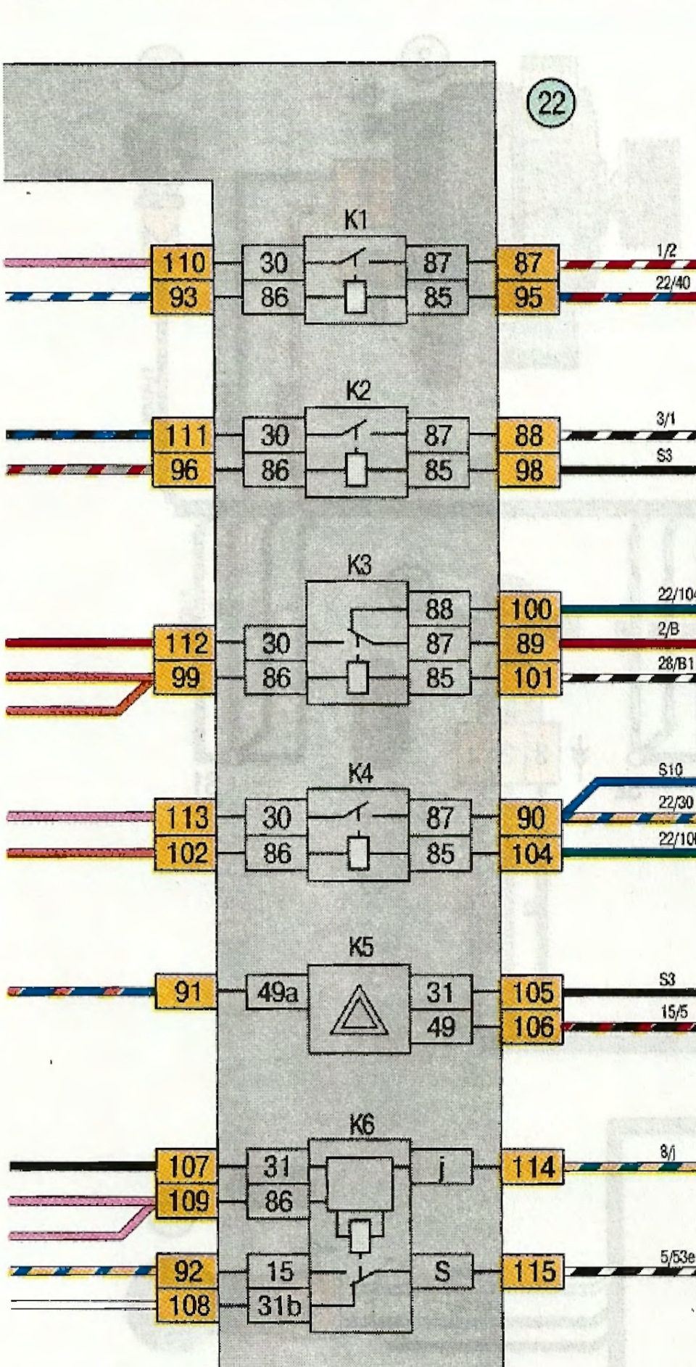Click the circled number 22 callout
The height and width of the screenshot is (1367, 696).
(x=551, y=103)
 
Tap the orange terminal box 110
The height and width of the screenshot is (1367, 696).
(x=182, y=263)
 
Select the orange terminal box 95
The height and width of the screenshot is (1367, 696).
(x=528, y=297)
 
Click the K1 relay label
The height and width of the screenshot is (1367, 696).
(x=355, y=220)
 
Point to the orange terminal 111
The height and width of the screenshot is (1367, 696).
(x=183, y=436)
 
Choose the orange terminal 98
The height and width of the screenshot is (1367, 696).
(x=529, y=471)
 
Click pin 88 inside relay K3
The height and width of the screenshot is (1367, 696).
(x=439, y=609)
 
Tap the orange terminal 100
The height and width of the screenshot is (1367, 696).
(x=530, y=609)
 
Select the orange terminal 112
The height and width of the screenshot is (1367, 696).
(x=185, y=643)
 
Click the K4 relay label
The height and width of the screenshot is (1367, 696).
(x=360, y=775)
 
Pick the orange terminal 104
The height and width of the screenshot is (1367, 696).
(x=531, y=854)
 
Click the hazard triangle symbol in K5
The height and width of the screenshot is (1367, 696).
(x=359, y=1010)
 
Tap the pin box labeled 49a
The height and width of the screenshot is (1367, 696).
(x=276, y=992)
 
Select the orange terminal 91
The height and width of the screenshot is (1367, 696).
(x=186, y=992)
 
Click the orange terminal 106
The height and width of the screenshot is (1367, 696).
(x=533, y=1027)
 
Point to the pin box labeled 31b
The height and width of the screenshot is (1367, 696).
(x=279, y=1306)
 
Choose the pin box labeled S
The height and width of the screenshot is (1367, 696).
(x=442, y=1271)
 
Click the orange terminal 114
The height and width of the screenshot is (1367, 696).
(x=533, y=1167)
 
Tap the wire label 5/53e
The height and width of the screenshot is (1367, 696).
(x=677, y=1257)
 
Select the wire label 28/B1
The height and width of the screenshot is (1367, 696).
(x=676, y=663)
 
